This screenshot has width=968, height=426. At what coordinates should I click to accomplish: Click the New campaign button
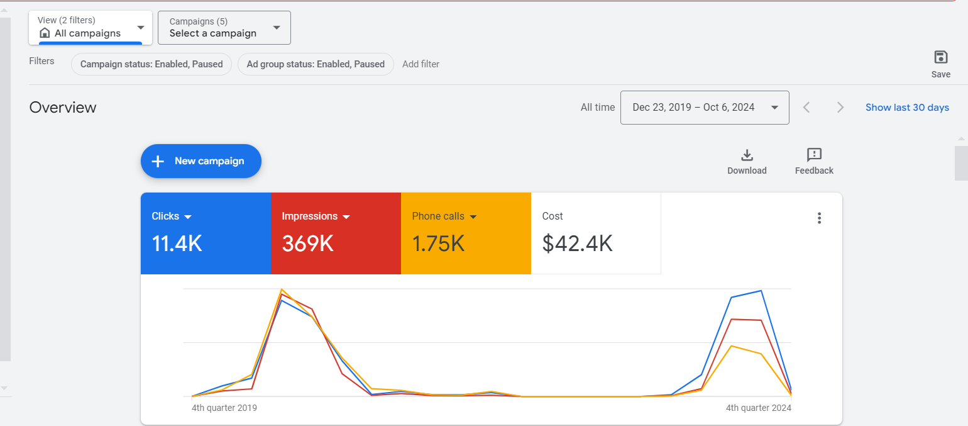coord(201,161)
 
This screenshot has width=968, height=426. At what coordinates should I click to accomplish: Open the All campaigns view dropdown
coord(91,28)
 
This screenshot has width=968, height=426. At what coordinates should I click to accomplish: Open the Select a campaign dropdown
coord(224,28)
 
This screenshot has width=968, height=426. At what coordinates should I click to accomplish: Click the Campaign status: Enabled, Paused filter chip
coord(151,64)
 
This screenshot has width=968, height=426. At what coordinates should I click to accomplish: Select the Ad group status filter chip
coord(316,64)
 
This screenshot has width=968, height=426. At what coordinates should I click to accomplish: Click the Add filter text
coord(421,64)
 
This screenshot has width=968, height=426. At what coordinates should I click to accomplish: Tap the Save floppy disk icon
coord(940,58)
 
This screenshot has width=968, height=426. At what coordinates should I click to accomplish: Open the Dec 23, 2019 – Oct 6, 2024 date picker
coord(704,108)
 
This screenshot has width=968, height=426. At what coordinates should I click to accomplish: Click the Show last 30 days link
coord(907,108)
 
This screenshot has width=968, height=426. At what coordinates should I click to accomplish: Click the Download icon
coord(747,155)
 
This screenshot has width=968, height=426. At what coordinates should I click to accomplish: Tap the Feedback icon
coord(814,155)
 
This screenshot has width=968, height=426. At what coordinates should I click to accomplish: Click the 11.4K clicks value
coord(177,244)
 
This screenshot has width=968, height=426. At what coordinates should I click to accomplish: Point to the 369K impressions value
coord(307,244)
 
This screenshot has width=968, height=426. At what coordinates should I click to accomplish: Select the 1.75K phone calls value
coord(438,244)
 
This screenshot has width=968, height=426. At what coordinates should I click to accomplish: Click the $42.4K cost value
coord(577,244)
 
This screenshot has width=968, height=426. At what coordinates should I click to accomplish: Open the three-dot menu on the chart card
coord(819,218)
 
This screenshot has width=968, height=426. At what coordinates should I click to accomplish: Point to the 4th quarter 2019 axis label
coord(224,408)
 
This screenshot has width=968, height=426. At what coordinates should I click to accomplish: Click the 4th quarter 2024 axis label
coord(758,408)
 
